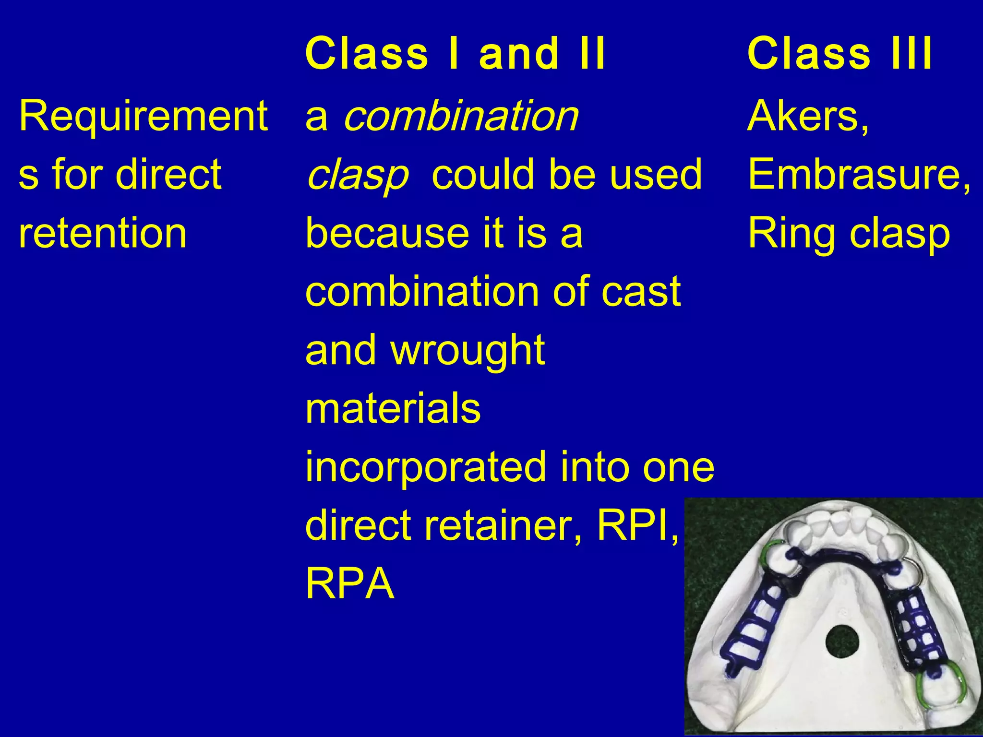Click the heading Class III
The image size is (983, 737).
[839, 53]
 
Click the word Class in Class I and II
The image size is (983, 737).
[367, 53]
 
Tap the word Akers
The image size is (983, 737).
[807, 116]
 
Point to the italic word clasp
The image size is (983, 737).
[358, 175]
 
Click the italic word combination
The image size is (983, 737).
[461, 116]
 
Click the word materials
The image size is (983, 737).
[393, 409]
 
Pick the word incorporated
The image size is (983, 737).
[426, 467]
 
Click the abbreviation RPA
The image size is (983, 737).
[349, 584]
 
